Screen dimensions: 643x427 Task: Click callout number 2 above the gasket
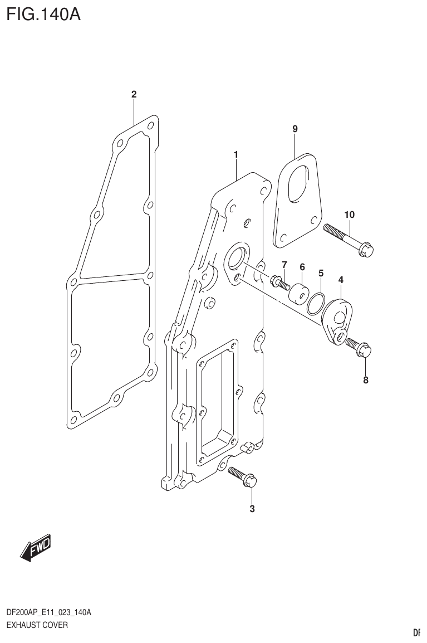click(x=134, y=95)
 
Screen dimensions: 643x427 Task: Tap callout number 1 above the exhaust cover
click(x=236, y=154)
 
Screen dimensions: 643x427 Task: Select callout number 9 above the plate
click(x=295, y=129)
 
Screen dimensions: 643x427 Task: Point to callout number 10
click(x=349, y=215)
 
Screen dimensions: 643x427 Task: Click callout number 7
click(x=284, y=264)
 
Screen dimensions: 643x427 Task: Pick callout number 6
click(x=302, y=267)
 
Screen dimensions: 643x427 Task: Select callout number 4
click(x=340, y=279)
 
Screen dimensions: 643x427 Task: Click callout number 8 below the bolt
click(x=365, y=381)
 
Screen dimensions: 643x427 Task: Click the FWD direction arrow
click(x=36, y=548)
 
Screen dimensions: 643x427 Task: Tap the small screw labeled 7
click(x=279, y=283)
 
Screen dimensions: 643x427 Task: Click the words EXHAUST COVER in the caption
click(x=37, y=625)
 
